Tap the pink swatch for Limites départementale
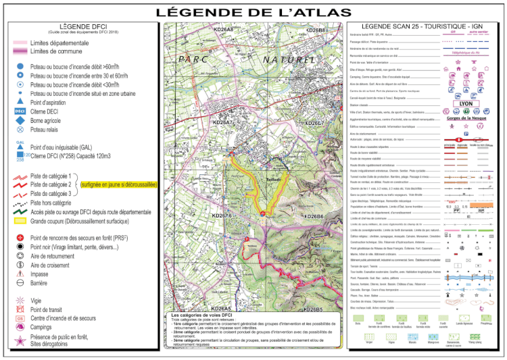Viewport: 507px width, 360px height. point(19,43)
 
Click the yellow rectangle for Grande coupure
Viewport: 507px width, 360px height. point(20,221)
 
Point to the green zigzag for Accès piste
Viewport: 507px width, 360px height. point(20,211)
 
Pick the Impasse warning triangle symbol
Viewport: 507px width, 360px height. point(20,274)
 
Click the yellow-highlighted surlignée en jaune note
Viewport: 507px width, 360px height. point(118,184)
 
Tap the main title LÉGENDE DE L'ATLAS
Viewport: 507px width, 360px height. point(254,11)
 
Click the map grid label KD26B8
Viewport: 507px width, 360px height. point(315,30)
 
